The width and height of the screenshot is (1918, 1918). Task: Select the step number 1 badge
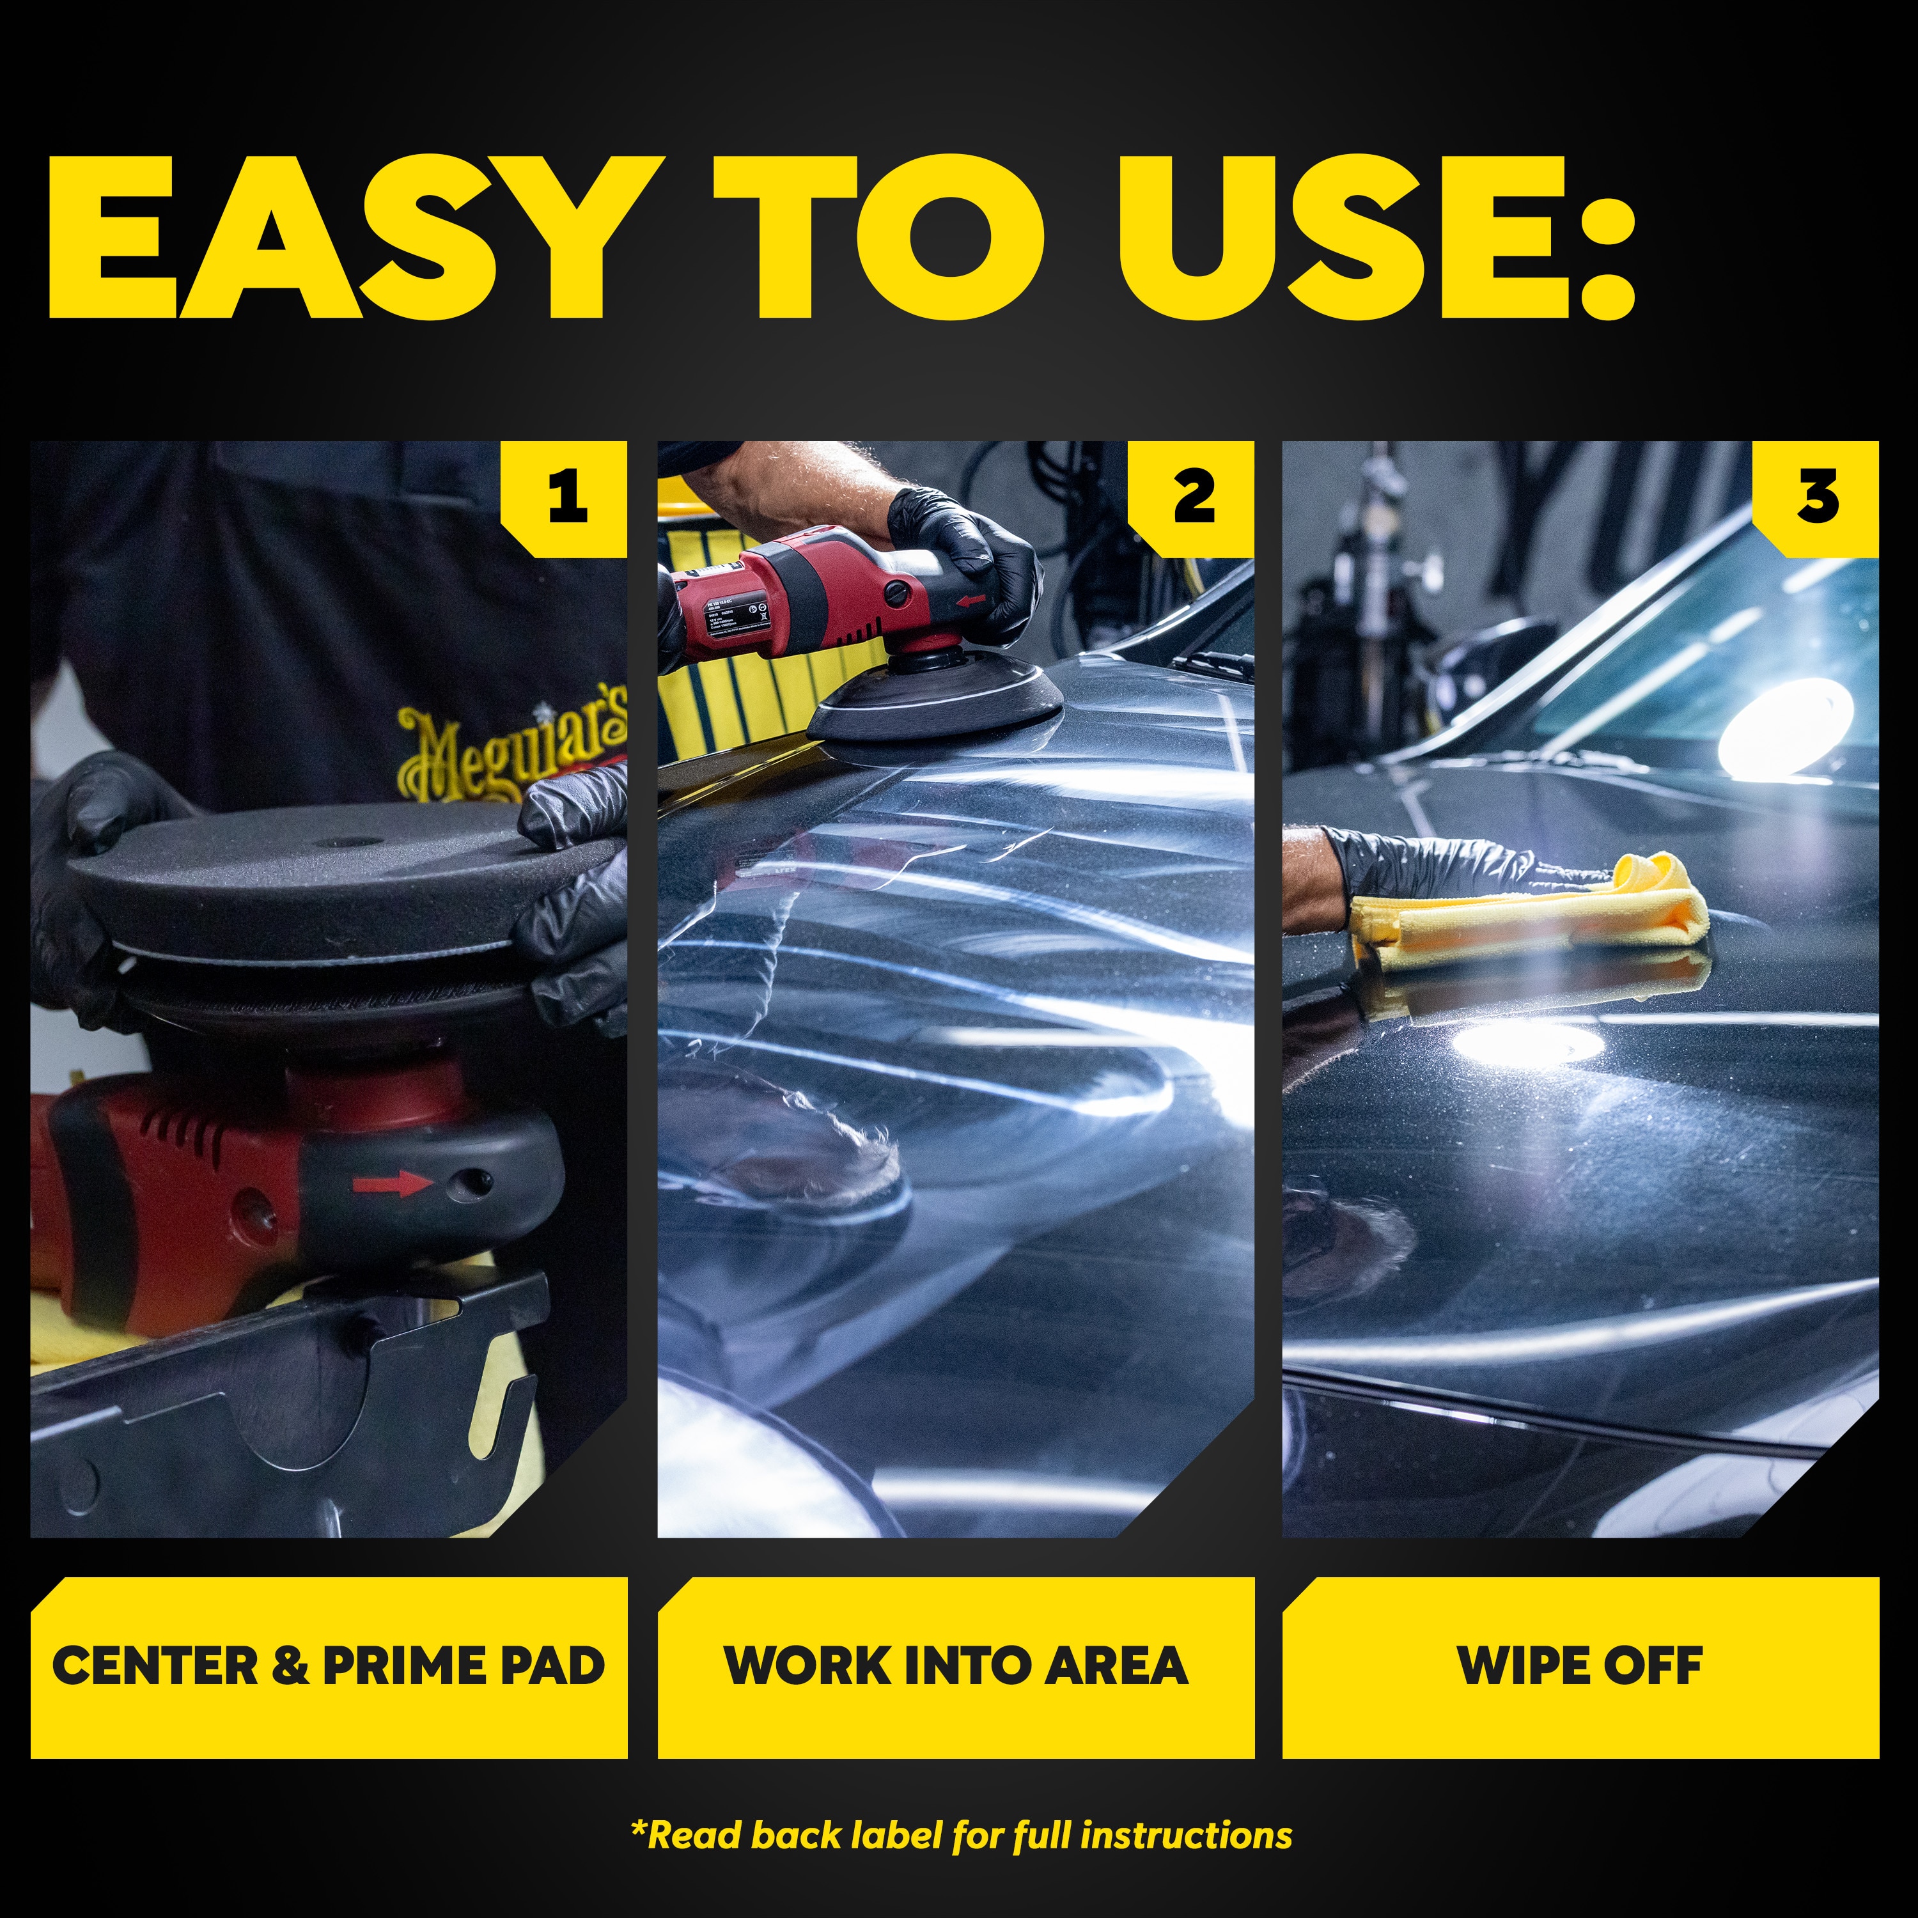568,496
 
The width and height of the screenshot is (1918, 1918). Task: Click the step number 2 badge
1194,496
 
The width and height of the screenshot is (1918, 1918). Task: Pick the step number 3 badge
1818,496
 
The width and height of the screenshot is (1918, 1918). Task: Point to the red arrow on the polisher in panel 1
390,1183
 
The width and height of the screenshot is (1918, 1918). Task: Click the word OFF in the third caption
1653,1666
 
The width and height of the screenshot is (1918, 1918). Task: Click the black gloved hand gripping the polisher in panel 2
963,556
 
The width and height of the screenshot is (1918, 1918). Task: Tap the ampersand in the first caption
289,1666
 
